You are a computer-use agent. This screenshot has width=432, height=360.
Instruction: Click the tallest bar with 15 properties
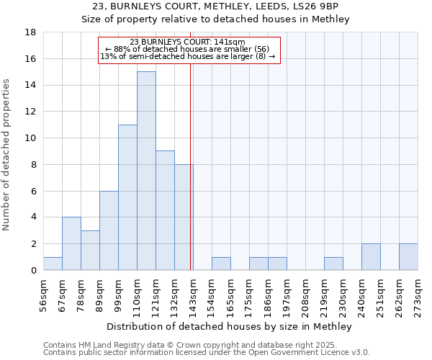coord(146,171)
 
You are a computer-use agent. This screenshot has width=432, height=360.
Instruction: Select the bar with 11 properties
coord(127,197)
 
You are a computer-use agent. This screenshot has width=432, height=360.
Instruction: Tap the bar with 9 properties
coord(165,210)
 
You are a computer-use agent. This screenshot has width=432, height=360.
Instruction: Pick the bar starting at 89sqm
coord(109,230)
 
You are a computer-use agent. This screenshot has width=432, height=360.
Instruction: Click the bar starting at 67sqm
coord(71,243)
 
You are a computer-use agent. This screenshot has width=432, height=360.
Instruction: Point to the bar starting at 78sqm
coord(90,250)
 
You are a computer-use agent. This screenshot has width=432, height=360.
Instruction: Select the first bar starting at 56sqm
coord(53,264)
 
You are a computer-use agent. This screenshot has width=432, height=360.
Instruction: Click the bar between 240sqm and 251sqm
coord(371,257)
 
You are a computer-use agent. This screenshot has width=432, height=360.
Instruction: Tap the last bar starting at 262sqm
coord(408,257)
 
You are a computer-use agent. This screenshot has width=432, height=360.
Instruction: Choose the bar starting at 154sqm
coord(221,264)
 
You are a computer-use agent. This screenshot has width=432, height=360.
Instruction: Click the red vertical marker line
coord(190,180)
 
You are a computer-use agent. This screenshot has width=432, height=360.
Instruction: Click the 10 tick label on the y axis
coord(32,138)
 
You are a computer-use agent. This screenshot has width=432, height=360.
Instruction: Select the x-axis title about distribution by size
coord(230,327)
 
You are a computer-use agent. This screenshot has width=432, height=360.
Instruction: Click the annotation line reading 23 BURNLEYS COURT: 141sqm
coord(188,42)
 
